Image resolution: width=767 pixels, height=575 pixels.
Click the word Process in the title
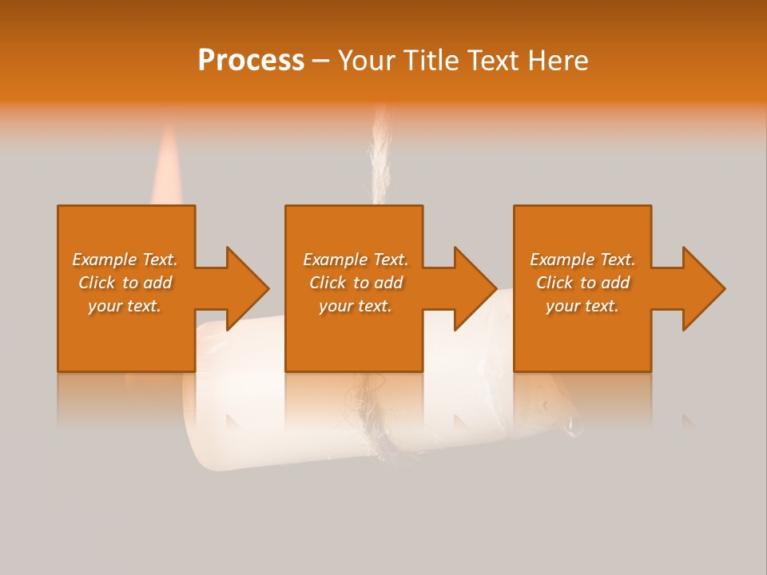click(x=251, y=61)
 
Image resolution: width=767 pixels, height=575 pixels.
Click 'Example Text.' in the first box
click(x=125, y=260)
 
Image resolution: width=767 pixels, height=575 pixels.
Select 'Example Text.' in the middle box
click(x=356, y=260)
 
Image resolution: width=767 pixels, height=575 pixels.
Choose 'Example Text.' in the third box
click(x=582, y=260)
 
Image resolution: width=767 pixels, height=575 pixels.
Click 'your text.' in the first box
click(x=125, y=306)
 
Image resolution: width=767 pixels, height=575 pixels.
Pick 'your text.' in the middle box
click(x=356, y=306)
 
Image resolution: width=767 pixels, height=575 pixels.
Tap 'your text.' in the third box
click(x=582, y=306)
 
